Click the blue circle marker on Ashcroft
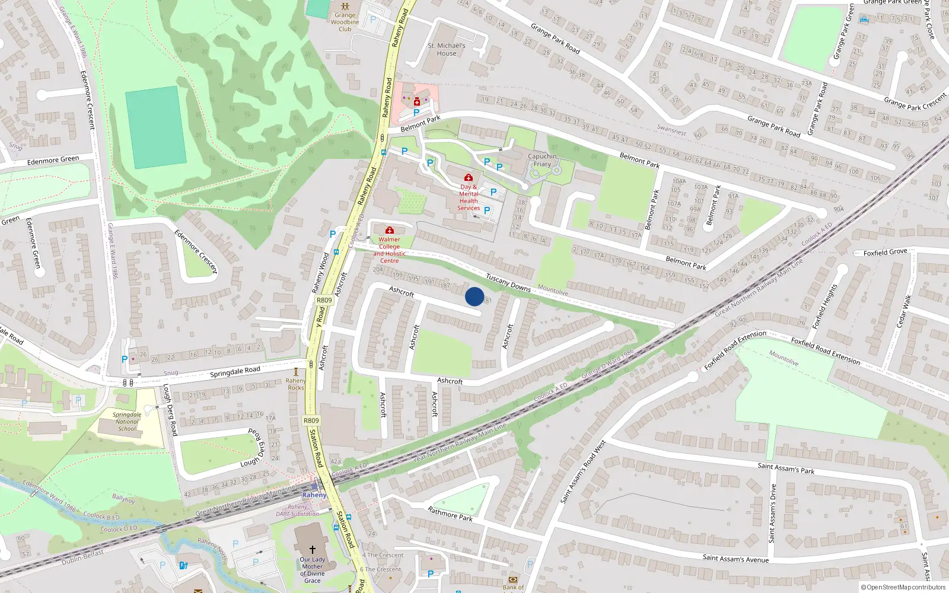474,296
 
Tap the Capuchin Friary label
542,160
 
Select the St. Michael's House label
447,49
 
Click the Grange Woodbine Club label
345,22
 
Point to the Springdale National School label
127,422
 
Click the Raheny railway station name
314,495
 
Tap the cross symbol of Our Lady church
313,550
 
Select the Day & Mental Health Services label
469,197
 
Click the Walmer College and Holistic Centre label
389,250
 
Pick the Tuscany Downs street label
508,283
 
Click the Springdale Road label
235,372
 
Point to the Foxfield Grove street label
885,253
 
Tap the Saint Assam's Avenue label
735,558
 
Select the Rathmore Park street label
450,514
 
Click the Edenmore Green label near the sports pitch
53,160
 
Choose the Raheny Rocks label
296,384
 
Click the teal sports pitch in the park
155,127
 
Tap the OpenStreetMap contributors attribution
903,587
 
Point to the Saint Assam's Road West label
582,471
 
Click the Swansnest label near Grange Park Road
671,129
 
